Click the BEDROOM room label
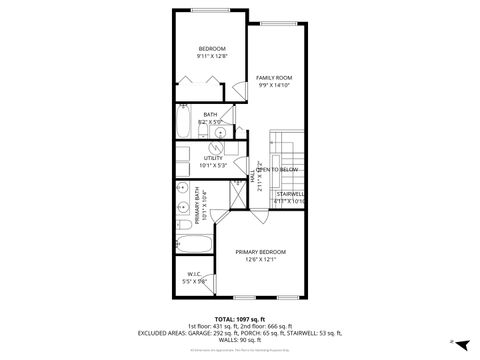tap(211, 49)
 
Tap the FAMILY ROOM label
tap(273, 77)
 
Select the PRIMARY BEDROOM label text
tap(261, 251)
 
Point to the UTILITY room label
tap(213, 157)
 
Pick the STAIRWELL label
tap(290, 194)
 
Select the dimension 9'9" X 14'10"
tap(273, 86)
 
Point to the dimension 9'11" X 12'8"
tap(211, 56)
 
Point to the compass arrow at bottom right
tap(452, 341)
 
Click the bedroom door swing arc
tap(237, 92)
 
